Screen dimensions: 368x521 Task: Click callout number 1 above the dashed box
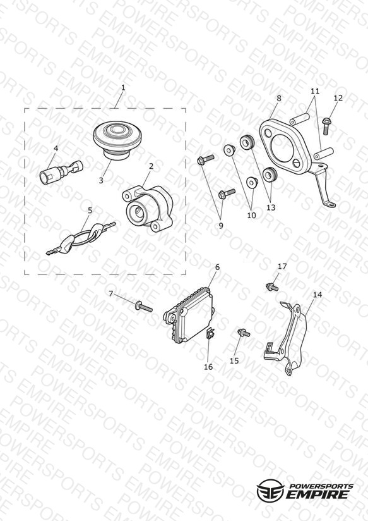click(123, 88)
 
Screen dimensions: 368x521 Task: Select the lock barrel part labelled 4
click(61, 171)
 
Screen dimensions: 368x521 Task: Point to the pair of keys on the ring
click(81, 238)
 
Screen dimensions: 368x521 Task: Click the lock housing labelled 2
click(148, 208)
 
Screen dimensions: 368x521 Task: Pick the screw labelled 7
click(144, 306)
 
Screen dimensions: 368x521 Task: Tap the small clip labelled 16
click(210, 333)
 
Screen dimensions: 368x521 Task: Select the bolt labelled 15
click(244, 333)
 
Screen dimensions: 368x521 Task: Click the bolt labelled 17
click(272, 287)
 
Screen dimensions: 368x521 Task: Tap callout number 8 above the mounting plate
click(279, 99)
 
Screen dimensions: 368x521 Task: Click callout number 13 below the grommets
click(271, 207)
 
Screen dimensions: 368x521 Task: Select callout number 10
click(251, 216)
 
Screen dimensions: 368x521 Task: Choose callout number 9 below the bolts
click(221, 226)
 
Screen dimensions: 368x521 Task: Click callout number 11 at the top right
click(315, 91)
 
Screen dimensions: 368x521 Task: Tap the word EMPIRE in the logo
click(318, 494)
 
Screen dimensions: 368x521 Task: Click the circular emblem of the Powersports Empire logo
click(271, 490)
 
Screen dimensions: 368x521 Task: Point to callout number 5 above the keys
click(90, 211)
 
